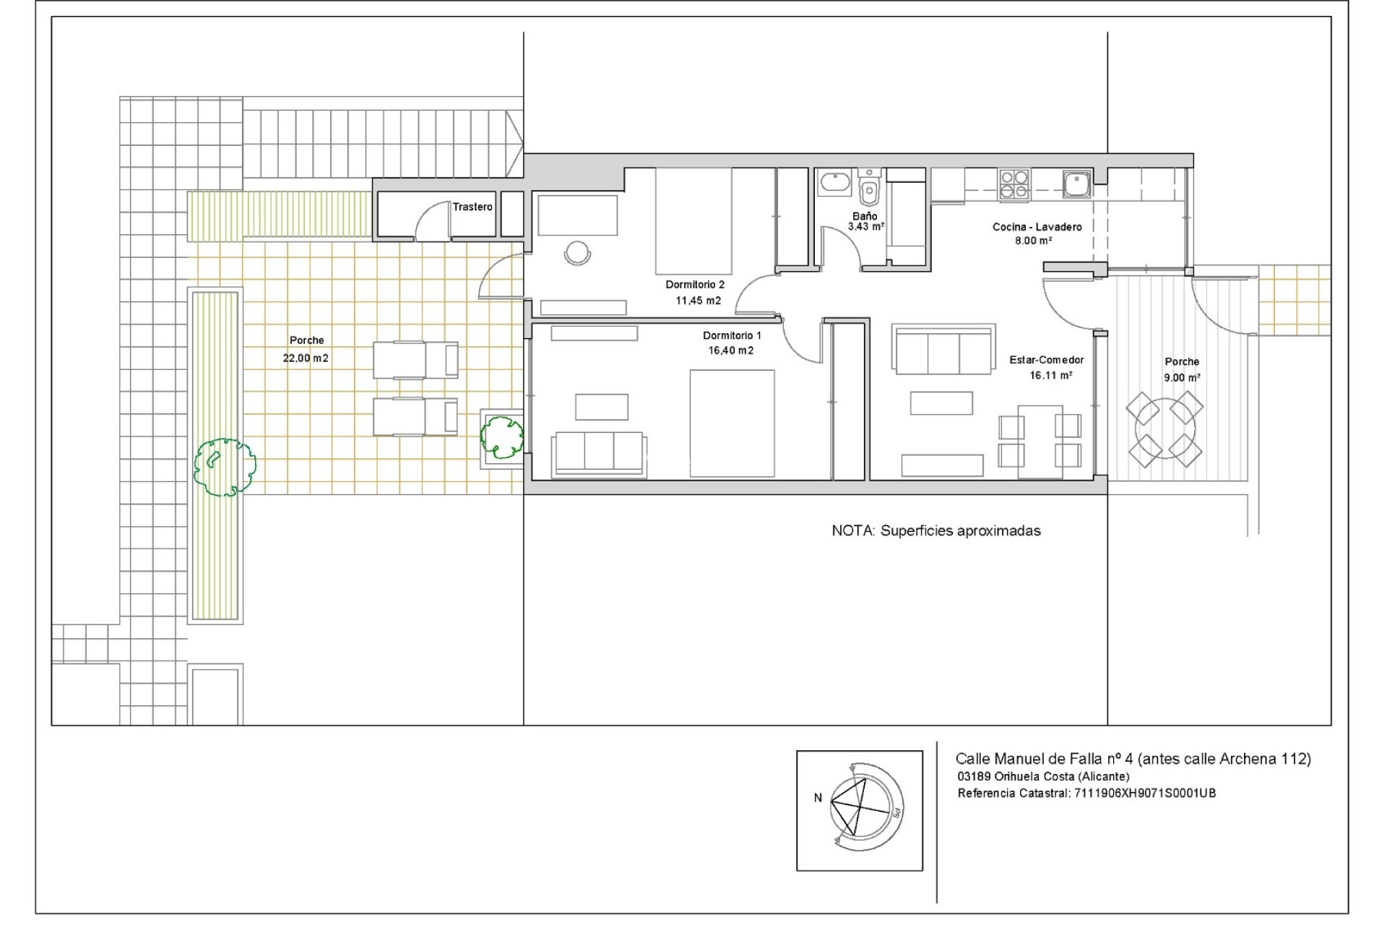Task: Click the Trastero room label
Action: tap(472, 207)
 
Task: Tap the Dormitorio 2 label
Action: tap(695, 285)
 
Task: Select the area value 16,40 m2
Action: tap(730, 350)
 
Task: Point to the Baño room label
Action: tap(865, 216)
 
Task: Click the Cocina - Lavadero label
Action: tap(1037, 227)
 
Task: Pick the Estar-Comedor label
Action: tap(1046, 360)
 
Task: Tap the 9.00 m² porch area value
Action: tap(1181, 378)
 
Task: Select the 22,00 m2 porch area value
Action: tap(306, 358)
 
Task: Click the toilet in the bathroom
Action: tap(869, 191)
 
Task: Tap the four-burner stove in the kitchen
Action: tap(1014, 184)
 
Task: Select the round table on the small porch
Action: tap(1164, 429)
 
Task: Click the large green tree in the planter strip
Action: tap(225, 467)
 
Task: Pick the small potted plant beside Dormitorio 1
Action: tap(501, 436)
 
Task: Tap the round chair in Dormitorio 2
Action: tap(577, 252)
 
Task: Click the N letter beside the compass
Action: tap(818, 798)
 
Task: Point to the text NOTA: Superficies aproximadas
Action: tap(936, 531)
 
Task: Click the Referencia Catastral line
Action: tap(1086, 793)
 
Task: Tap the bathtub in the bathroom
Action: tap(834, 183)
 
